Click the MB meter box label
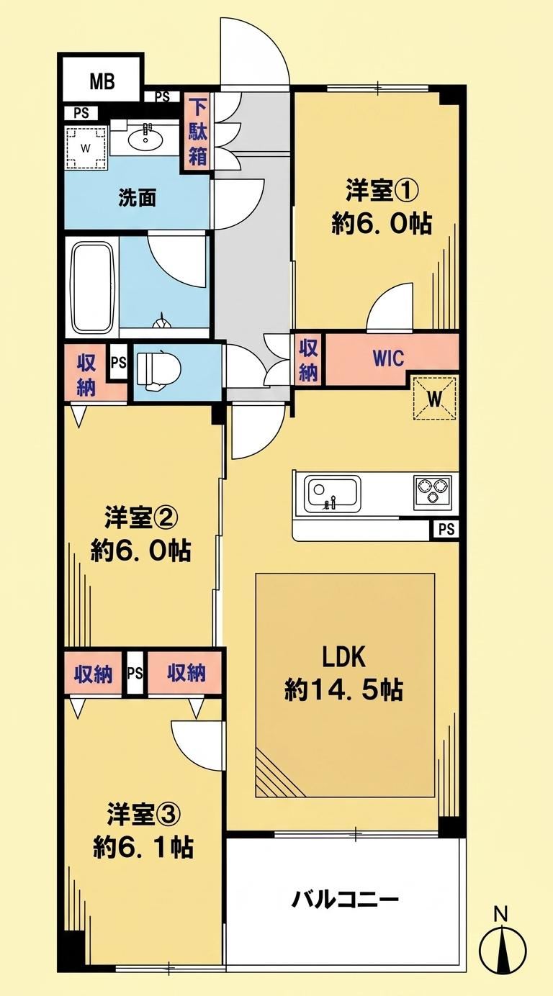pos(103,81)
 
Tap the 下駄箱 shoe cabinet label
pos(197,132)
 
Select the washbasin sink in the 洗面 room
pos(145,140)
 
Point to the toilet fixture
pos(158,371)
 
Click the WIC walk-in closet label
pos(388,358)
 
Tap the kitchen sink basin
pos(333,493)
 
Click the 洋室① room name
pos(382,192)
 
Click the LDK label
pos(344,657)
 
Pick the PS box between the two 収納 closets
pos(135,673)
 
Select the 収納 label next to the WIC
pos(308,360)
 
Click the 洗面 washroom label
pos(138,199)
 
